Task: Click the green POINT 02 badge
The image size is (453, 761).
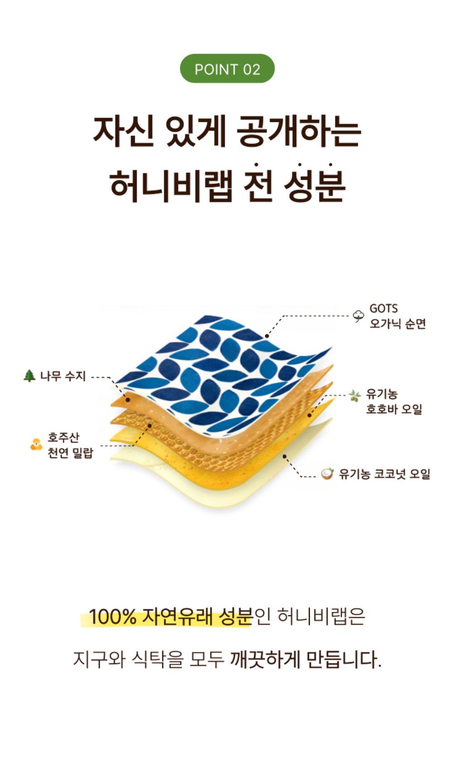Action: (x=227, y=69)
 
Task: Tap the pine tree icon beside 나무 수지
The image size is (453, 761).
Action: (x=29, y=376)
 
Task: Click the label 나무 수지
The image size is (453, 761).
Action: (x=63, y=376)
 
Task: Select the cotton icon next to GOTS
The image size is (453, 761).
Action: (x=358, y=316)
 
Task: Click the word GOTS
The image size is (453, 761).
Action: (x=383, y=309)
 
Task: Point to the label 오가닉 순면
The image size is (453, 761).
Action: (x=397, y=324)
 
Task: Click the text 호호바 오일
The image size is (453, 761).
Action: (x=394, y=409)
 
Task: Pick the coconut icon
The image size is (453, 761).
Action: (x=327, y=474)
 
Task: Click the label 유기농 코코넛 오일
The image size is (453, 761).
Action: (x=384, y=474)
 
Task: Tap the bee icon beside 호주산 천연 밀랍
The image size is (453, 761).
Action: (x=36, y=445)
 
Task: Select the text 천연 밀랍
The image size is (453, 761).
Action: (x=70, y=453)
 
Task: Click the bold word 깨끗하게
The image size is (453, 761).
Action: (x=265, y=660)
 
